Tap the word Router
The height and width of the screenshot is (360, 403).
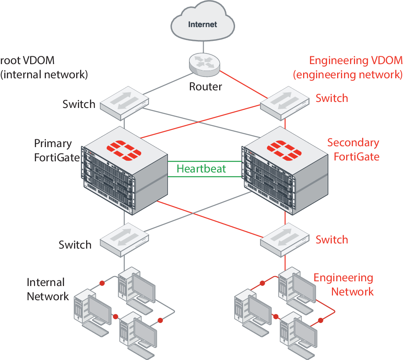tap(206, 86)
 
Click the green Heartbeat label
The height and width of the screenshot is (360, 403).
tap(201, 168)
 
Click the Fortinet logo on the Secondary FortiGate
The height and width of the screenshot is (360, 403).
tap(284, 148)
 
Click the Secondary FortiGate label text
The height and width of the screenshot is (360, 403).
tap(354, 149)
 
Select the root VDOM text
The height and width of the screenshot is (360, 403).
tap(28, 60)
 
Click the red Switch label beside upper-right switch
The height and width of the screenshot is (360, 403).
tap(332, 98)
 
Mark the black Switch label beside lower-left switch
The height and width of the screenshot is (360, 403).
tap(75, 245)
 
